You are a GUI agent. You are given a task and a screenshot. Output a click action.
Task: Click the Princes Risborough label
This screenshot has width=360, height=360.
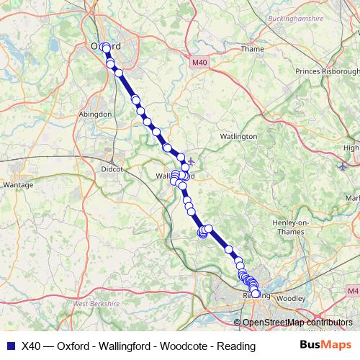point(327,72)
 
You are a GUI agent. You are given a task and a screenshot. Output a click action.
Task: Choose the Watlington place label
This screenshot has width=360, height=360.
point(238,136)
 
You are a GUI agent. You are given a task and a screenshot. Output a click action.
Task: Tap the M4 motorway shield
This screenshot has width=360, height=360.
point(351,290)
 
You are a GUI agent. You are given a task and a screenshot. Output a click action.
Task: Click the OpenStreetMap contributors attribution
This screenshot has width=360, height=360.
point(297,323)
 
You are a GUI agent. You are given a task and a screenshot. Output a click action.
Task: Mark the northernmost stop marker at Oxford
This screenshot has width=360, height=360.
point(107,48)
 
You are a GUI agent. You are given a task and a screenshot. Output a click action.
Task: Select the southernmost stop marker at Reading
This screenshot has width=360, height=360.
point(256,294)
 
